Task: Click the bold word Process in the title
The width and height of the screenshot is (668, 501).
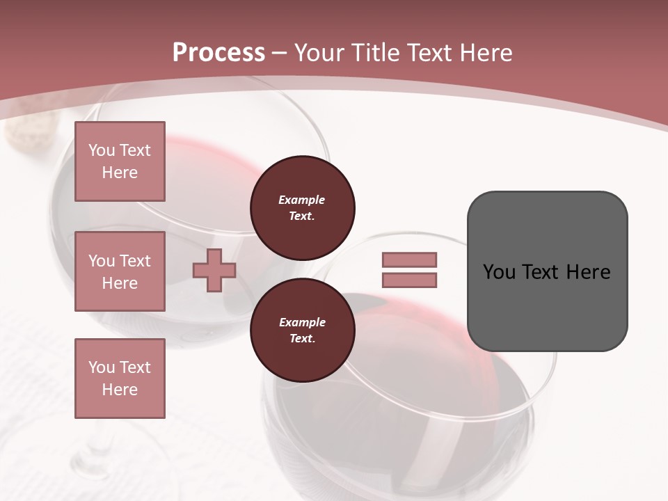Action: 218,53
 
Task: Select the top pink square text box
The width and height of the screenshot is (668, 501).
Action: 120,161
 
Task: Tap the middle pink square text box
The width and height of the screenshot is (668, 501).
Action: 120,271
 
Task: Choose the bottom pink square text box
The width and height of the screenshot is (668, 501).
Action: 120,379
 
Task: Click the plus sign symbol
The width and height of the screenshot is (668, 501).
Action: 214,271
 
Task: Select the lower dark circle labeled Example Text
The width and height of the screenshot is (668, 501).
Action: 303,330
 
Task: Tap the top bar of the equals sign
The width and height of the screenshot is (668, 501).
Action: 409,260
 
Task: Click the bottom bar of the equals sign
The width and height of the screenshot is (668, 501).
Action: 409,280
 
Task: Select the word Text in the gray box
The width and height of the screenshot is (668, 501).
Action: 541,272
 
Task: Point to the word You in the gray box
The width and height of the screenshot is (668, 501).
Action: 499,272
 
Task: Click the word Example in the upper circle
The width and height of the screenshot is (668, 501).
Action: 302,200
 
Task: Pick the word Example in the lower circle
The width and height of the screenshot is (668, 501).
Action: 302,322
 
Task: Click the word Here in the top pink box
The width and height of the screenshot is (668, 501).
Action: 120,173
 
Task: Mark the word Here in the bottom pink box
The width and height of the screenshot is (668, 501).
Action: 120,390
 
